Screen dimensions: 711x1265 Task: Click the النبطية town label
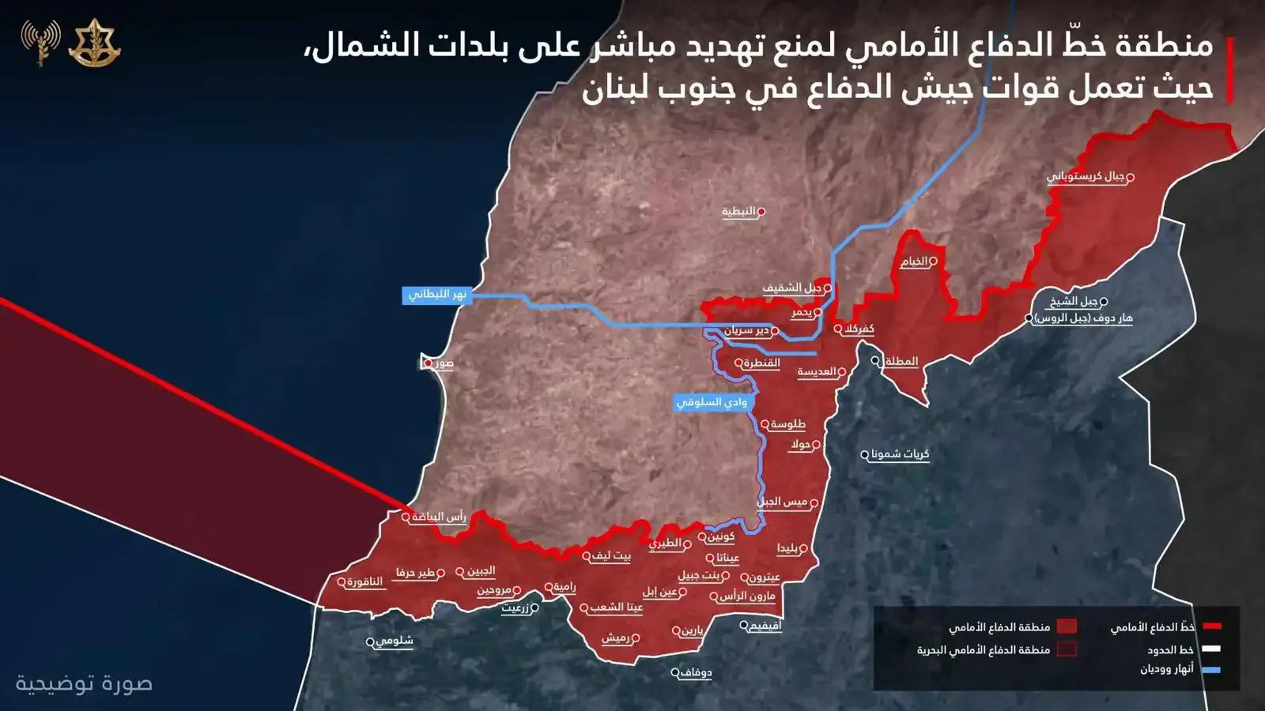pos(739,212)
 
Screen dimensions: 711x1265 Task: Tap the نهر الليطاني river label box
pos(437,295)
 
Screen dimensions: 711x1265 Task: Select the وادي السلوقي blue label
pos(712,402)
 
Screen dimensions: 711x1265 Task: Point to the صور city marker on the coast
pos(428,363)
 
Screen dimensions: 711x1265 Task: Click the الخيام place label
pos(914,261)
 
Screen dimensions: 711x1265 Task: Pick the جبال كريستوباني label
pos(1086,176)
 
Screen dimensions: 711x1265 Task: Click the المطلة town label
pos(901,361)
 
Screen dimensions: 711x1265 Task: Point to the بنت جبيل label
pos(700,575)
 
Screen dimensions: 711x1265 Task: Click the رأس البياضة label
pos(439,517)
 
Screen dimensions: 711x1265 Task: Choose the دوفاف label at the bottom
pos(696,673)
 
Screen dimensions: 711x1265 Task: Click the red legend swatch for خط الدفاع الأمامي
pos(1212,626)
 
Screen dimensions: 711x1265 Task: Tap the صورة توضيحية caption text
pos(84,683)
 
